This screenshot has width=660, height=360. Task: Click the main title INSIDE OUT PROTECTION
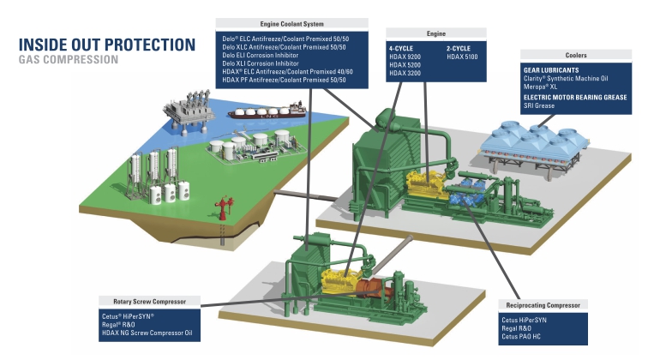point(107,45)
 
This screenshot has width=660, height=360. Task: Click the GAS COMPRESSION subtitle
point(69,59)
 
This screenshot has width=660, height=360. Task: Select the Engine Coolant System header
point(291,24)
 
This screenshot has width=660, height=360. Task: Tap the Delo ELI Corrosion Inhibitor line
point(260,55)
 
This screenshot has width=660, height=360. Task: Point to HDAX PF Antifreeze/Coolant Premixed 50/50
point(284,80)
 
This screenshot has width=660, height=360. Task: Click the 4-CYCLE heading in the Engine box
point(401,48)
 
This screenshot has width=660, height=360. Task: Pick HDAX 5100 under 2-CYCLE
point(462,57)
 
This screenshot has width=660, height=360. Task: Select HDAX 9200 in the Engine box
point(405,57)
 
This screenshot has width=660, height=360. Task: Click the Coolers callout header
point(576,55)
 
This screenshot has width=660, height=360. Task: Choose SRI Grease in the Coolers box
point(539,105)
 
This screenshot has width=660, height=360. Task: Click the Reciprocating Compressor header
point(543,305)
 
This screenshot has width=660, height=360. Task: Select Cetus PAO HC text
point(521,336)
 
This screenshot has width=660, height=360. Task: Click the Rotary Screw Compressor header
point(149,302)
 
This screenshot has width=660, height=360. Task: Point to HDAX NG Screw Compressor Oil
point(147,333)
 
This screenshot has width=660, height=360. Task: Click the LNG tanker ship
point(267,111)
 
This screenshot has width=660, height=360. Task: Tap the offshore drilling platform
point(189,111)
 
